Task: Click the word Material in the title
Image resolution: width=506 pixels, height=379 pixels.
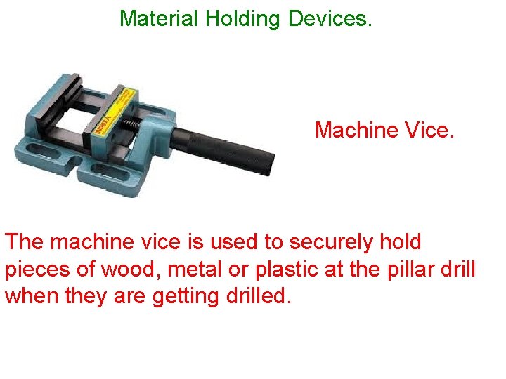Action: pyautogui.click(x=160, y=18)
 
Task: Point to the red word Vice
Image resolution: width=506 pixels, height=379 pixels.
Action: pyautogui.click(x=429, y=130)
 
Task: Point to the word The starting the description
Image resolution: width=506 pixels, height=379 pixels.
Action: pyautogui.click(x=23, y=243)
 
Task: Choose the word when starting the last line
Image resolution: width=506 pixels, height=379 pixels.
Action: pyautogui.click(x=32, y=296)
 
